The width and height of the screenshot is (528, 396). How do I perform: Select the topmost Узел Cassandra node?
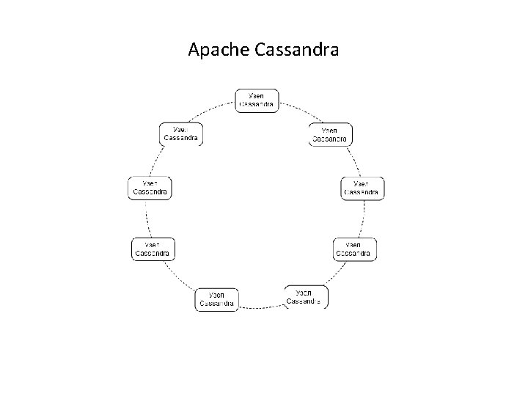point(257,100)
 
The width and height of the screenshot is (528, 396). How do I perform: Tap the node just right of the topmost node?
point(330,135)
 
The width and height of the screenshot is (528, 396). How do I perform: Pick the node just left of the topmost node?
point(181,134)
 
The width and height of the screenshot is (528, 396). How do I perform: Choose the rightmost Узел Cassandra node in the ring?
point(362,188)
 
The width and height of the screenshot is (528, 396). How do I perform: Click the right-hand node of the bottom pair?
point(307,297)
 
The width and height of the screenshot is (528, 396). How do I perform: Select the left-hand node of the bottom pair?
point(216,300)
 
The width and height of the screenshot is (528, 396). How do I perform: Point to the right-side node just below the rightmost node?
point(355,249)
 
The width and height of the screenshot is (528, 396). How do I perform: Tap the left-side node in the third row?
point(150,188)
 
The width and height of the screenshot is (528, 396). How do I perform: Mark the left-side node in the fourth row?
point(153,249)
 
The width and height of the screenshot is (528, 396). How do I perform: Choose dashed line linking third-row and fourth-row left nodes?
point(147,219)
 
